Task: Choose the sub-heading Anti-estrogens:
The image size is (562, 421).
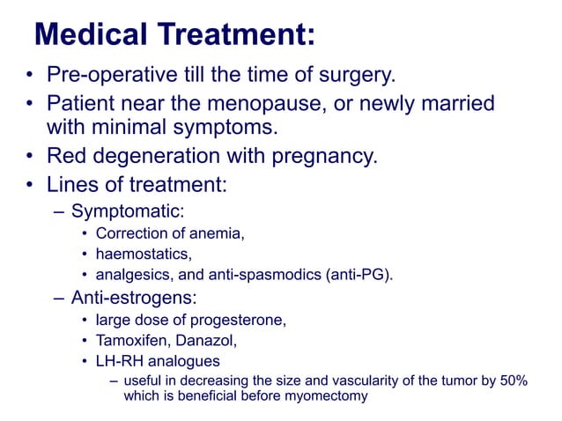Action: pos(134,297)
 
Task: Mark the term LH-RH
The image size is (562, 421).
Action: pos(120,360)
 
